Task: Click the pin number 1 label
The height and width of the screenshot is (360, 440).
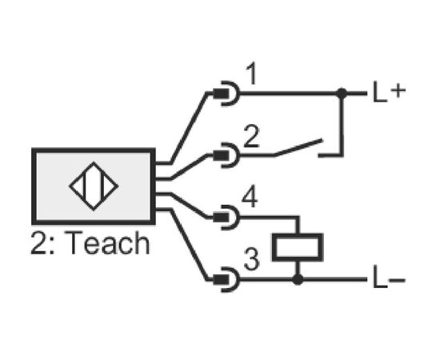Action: tap(252, 74)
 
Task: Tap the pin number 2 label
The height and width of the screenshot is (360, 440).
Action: tap(251, 136)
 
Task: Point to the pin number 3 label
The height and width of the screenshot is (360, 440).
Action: tap(251, 260)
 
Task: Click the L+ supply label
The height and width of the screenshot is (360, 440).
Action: tap(390, 92)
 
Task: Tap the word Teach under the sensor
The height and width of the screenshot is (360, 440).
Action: tap(108, 243)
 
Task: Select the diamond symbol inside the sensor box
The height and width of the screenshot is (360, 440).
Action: tap(94, 186)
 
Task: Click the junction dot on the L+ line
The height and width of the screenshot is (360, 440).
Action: tap(342, 93)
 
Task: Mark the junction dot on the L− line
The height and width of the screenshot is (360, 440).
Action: tap(298, 279)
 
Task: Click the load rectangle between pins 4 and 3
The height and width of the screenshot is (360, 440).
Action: tap(298, 247)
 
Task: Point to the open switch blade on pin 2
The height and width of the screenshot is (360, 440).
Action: tap(298, 146)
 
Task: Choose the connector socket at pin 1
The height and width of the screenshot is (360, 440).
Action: tap(226, 94)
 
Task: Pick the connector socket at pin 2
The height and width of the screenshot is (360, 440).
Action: tap(226, 155)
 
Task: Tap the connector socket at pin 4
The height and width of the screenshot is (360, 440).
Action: tap(226, 218)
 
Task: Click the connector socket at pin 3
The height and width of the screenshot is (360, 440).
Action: tap(226, 280)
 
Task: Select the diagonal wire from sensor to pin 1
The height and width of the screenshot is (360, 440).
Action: tap(190, 128)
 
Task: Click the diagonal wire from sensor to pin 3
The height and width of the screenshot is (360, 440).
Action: tap(189, 245)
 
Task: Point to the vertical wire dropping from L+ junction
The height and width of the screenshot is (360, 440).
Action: tap(342, 124)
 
